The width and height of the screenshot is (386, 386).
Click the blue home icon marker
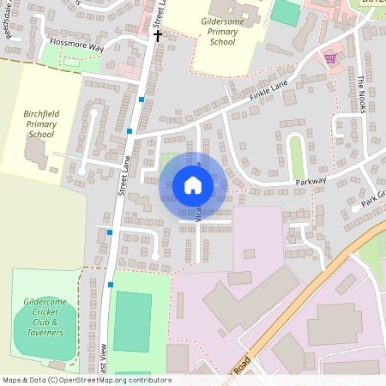click(x=192, y=184)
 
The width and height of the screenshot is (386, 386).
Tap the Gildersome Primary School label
click(x=222, y=30)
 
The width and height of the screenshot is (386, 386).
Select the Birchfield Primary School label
click(x=40, y=123)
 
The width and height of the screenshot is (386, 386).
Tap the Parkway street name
click(x=311, y=182)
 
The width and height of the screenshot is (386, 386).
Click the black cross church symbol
click(x=157, y=36)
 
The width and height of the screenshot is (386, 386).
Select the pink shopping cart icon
click(x=330, y=57)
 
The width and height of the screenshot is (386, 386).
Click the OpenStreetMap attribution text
click(x=86, y=380)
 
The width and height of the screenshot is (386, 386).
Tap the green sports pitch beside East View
click(x=132, y=321)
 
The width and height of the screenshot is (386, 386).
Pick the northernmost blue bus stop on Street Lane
click(x=141, y=100)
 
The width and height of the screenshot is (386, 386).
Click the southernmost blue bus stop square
click(x=111, y=285)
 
